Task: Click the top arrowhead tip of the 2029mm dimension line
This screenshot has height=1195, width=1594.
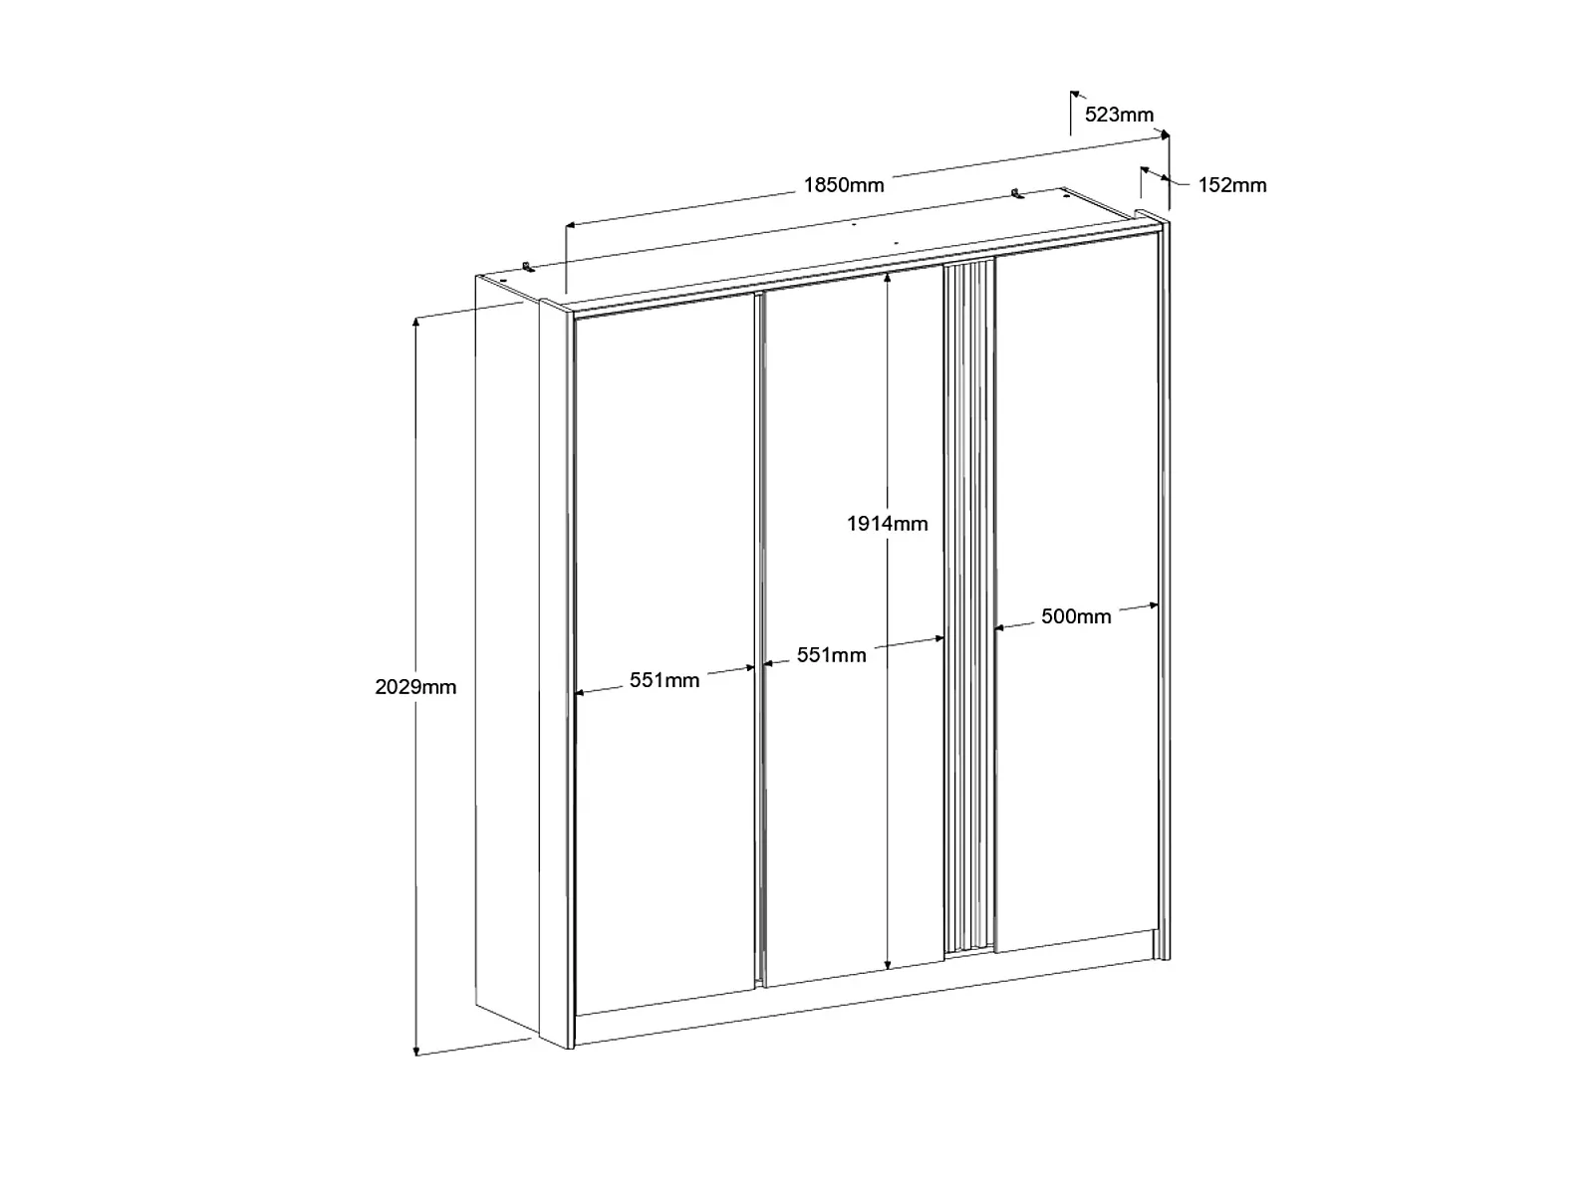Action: click(415, 317)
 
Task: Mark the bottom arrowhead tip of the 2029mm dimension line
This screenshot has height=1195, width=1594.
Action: click(416, 1056)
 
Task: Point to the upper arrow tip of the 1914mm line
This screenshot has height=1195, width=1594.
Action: click(887, 273)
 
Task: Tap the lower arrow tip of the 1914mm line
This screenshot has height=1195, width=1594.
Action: click(888, 969)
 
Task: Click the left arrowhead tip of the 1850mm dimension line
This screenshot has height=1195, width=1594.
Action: click(566, 225)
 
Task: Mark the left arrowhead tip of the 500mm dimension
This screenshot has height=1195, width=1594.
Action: click(994, 627)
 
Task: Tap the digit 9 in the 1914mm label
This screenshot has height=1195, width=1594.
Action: click(867, 523)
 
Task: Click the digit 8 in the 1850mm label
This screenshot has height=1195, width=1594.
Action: click(822, 185)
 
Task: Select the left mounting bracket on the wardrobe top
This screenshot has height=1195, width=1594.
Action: click(529, 266)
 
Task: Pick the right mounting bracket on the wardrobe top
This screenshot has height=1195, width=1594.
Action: click(1018, 194)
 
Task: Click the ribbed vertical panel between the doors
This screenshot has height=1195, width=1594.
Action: click(968, 607)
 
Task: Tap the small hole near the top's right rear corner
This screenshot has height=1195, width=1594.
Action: click(1065, 194)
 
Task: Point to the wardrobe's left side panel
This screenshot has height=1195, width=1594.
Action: click(508, 653)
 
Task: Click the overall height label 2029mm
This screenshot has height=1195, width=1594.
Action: click(415, 686)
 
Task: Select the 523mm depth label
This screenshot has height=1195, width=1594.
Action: click(1119, 115)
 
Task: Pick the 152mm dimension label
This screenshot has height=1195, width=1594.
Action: click(1231, 185)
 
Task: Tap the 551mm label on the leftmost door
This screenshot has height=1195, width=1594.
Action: click(664, 680)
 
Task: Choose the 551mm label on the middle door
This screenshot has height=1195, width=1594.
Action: click(832, 655)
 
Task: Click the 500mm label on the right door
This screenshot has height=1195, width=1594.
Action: click(1076, 616)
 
